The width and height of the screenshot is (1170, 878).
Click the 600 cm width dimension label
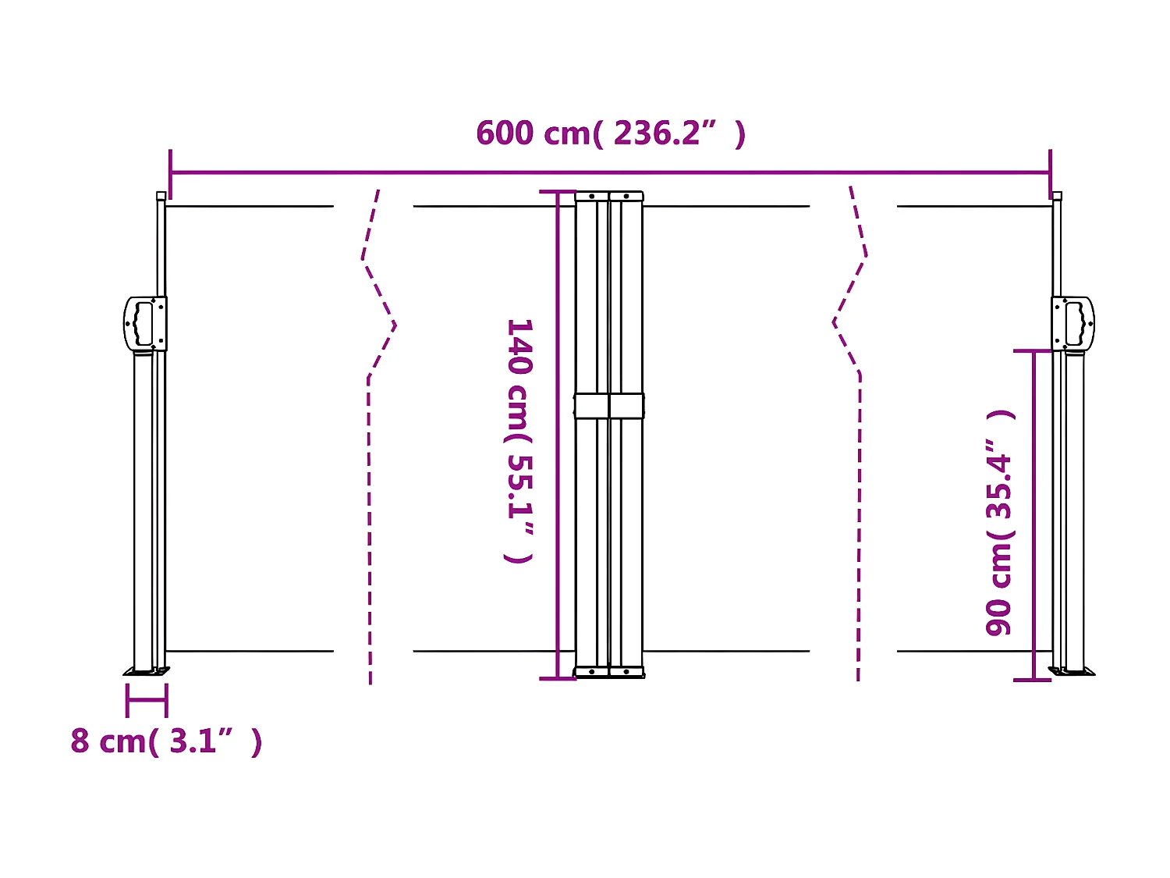(x=611, y=133)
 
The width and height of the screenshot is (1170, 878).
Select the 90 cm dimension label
(x=999, y=522)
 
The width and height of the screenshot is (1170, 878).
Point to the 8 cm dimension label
(x=166, y=741)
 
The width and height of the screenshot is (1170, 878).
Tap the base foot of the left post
(x=147, y=670)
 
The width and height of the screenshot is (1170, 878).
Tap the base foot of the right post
(x=1072, y=670)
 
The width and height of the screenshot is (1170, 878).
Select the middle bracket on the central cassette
(x=609, y=406)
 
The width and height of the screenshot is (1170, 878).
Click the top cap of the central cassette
(x=609, y=196)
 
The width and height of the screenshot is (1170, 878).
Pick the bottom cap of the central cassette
(x=609, y=672)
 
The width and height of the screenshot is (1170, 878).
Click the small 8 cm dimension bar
(x=147, y=700)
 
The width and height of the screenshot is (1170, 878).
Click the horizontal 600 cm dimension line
(x=611, y=172)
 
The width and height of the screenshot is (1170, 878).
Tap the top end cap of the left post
(x=161, y=196)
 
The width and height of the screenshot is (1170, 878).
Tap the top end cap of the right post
(x=1057, y=196)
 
